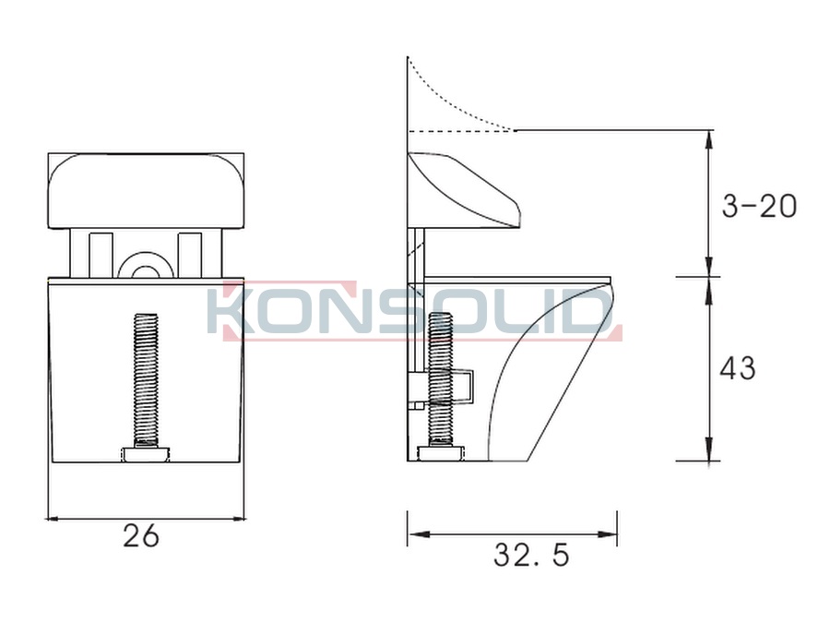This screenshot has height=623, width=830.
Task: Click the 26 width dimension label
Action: [141, 535]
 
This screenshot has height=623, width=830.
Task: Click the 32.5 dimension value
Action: [531, 556]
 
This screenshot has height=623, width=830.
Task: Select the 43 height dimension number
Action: [738, 367]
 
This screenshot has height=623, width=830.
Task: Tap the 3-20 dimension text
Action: [760, 206]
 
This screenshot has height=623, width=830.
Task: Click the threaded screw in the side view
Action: [440, 380]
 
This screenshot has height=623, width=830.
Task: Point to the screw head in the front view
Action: [147, 454]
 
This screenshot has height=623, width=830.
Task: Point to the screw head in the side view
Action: [441, 454]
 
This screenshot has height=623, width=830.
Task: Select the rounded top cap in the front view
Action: [146, 191]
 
